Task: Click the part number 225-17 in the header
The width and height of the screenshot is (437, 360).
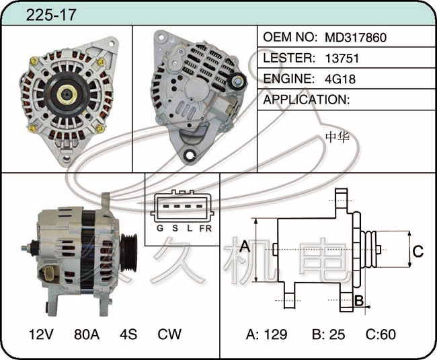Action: pos(50,15)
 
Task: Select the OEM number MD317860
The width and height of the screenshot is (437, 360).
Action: pos(356,38)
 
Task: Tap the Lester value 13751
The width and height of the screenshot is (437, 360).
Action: pos(342,59)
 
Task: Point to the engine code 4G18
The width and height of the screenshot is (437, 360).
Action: pos(340,79)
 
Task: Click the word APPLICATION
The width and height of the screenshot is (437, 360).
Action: pos(306,100)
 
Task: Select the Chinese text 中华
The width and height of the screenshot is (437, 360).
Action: pos(337,137)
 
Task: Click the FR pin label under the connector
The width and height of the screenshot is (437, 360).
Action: pos(206,229)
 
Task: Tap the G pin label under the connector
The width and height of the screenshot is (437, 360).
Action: pos(160,228)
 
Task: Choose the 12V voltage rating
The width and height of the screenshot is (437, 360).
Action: pos(41,334)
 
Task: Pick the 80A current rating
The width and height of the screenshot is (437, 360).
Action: pos(87,334)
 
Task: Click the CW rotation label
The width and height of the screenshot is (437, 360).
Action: pos(169,334)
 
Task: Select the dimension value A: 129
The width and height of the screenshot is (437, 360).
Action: pos(266,334)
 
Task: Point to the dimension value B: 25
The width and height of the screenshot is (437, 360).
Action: pos(328,334)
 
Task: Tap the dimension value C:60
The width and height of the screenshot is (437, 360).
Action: pos(381,334)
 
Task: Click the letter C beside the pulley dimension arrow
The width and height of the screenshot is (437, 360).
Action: pos(418,251)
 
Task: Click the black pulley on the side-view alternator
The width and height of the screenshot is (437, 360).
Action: pos(128,252)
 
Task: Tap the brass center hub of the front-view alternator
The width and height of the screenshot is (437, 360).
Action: pos(67,95)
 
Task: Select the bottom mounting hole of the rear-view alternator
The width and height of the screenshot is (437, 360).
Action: pos(190,154)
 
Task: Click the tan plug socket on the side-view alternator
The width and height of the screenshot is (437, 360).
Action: pos(49,275)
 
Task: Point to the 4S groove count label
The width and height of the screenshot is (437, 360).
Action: pos(128,334)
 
